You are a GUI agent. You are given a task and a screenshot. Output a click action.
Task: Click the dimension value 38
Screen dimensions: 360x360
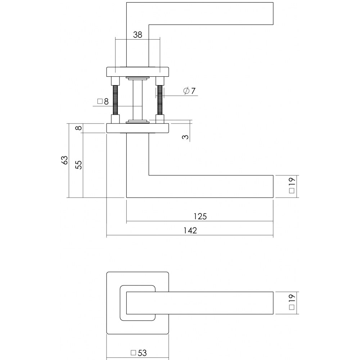138,35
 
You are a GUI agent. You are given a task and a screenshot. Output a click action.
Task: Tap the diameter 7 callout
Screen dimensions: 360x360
189,91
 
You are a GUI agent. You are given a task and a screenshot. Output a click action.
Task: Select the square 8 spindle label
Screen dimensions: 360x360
103,101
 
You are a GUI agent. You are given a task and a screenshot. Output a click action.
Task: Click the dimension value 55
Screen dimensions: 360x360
78,165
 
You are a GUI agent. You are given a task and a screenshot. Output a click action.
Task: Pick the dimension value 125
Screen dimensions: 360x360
200,216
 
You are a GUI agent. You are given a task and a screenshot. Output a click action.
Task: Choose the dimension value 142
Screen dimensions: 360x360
190,230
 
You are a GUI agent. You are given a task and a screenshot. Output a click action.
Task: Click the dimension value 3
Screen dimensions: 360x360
185,137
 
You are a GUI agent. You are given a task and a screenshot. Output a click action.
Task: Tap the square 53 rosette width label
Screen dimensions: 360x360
139,353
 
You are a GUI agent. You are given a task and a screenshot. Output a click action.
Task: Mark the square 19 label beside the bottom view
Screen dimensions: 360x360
292,302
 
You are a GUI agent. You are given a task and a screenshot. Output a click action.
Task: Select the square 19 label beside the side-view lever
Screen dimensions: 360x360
292,185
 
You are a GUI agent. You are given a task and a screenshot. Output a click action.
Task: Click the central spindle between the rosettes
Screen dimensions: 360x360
137,100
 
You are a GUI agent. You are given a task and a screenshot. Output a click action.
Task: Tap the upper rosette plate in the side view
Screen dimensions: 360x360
138,72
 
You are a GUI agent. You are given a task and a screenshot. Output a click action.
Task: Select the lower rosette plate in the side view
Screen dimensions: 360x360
138,128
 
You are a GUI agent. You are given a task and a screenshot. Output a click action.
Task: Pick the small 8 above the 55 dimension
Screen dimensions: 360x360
78,127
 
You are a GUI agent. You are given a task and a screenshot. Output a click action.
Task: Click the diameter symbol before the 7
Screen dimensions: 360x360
186,91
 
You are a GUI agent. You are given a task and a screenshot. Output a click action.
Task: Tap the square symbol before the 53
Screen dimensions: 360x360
133,352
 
